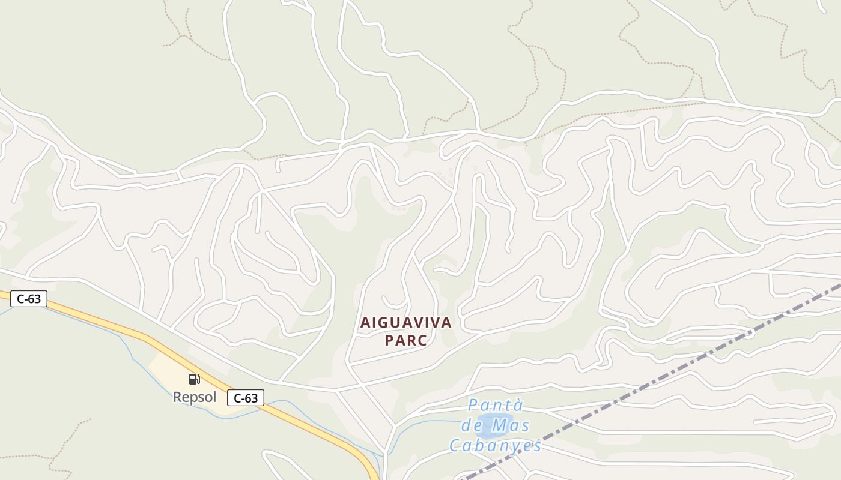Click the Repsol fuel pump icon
(x=194, y=379)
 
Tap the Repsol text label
(x=194, y=397)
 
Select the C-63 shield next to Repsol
(x=246, y=397)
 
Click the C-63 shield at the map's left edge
(x=28, y=299)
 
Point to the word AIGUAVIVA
(x=405, y=323)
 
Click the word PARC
(x=405, y=341)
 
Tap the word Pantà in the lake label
(x=496, y=406)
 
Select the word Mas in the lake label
(x=510, y=425)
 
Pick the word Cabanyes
(x=496, y=446)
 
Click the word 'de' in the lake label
(x=470, y=425)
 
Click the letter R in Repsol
(x=177, y=397)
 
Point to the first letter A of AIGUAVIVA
(x=365, y=323)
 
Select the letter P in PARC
(x=389, y=341)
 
